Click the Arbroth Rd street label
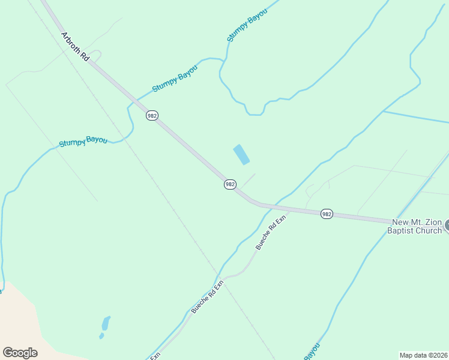(x=75, y=47)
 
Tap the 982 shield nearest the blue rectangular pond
(x=230, y=184)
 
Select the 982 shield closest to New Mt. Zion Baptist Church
(x=327, y=214)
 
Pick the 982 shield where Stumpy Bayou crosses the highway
(x=152, y=115)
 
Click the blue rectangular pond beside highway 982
(x=241, y=154)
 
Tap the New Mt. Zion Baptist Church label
(x=417, y=226)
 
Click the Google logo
(x=20, y=353)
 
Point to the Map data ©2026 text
(x=424, y=355)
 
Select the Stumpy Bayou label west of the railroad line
(x=83, y=142)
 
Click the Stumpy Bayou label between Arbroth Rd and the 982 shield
(x=175, y=79)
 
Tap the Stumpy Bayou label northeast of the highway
(x=246, y=26)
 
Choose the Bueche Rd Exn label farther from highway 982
(x=207, y=296)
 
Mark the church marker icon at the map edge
(x=446, y=227)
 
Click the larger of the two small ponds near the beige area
(x=106, y=323)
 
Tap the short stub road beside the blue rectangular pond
(x=248, y=180)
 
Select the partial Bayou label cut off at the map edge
(x=312, y=352)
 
